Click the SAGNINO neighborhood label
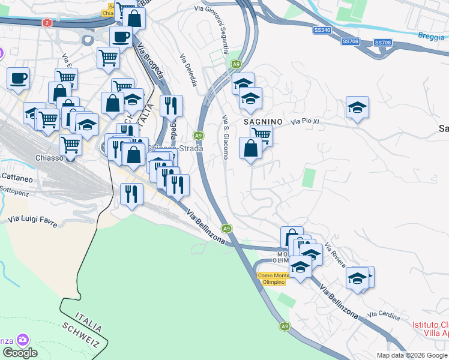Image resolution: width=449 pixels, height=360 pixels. (x=263, y=121)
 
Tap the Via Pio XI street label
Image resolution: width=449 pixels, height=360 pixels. (x=307, y=122)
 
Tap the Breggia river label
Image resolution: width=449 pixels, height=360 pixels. (x=432, y=35)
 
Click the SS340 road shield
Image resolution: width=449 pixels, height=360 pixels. (x=322, y=30)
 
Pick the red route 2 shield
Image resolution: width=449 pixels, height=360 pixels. (x=47, y=23)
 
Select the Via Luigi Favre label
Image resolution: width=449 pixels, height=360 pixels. (x=33, y=221)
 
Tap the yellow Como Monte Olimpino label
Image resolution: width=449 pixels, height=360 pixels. (x=271, y=278)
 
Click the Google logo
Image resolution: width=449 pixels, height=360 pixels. (x=20, y=353)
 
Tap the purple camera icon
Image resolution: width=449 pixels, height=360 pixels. (x=23, y=340)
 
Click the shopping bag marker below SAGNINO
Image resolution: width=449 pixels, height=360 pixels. (x=251, y=148)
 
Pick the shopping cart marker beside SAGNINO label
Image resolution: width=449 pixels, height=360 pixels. (x=261, y=134)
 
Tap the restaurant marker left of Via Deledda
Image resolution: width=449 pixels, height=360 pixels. (x=171, y=106)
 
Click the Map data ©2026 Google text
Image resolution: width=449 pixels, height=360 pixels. (x=412, y=355)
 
